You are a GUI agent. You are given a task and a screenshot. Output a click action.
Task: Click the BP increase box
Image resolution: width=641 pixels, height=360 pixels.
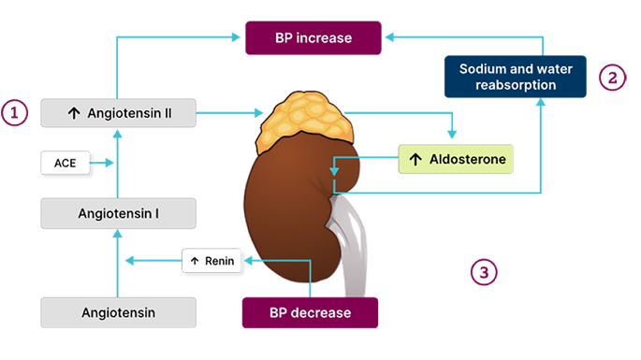pos(313,38)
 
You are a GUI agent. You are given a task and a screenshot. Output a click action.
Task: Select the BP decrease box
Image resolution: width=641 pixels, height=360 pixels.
pos(310,312)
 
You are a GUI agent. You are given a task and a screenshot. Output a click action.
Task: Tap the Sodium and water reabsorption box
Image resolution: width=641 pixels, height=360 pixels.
pos(515,77)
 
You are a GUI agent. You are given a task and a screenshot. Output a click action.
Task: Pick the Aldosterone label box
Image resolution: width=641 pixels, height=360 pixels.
pos(456,159)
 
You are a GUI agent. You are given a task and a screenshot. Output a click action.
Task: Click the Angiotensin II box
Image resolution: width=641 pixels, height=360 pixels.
pos(118,113)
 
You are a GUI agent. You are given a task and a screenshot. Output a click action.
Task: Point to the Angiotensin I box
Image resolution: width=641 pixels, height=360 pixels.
pos(118,213)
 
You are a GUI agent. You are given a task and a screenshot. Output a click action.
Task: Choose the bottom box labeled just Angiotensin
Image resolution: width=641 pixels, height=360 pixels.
pos(118,312)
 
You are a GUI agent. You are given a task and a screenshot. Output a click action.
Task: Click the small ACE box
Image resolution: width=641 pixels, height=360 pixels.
pos(65,163)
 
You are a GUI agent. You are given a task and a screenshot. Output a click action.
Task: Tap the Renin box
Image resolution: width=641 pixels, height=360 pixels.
pos(211,261)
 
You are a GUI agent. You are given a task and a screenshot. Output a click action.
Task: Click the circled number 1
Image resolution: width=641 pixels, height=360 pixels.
pos(14,113)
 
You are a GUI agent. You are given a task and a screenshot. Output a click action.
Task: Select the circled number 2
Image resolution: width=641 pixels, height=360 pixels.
pos(612,78)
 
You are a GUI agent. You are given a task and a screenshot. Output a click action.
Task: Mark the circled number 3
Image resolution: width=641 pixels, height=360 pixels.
pos(484,272)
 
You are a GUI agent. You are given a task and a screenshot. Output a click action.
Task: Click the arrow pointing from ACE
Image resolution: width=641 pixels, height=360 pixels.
pos(101,163)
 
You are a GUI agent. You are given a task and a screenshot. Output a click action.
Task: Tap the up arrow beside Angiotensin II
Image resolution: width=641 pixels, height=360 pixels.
pos(74,113)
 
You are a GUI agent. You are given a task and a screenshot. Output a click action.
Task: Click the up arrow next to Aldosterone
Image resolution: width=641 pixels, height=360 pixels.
pos(415,159)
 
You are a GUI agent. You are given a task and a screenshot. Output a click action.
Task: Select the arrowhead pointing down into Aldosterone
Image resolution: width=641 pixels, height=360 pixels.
pos(452,134)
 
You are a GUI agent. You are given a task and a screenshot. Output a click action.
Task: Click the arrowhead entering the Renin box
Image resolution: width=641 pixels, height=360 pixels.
pos(248,260)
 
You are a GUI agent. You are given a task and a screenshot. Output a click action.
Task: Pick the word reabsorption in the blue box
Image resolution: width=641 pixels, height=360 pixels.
pos(516,85)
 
